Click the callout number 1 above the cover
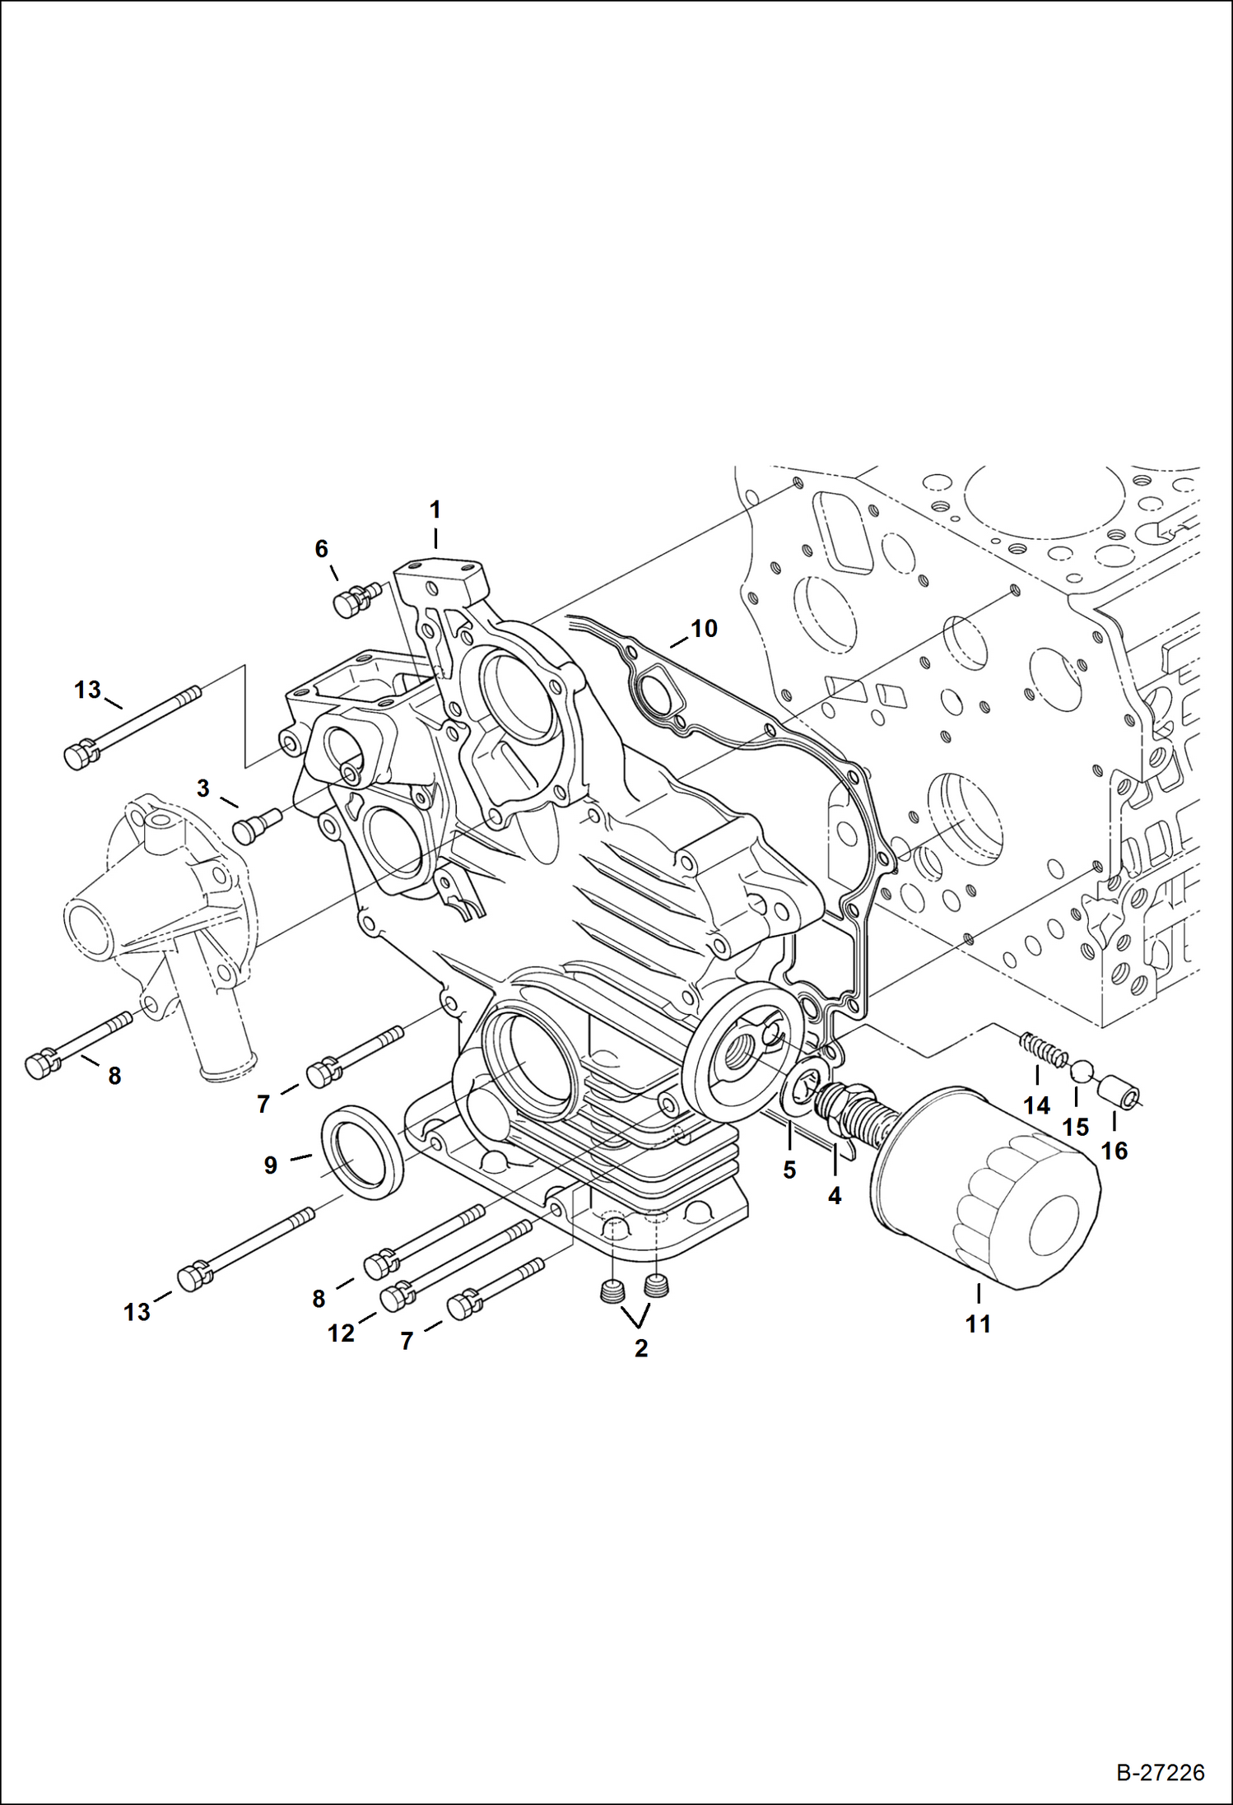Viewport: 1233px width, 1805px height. pyautogui.click(x=435, y=509)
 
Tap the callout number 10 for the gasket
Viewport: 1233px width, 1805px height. pyautogui.click(x=704, y=629)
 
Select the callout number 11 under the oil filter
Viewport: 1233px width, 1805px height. pyautogui.click(x=978, y=1324)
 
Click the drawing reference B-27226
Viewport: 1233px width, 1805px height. pyautogui.click(x=1160, y=1772)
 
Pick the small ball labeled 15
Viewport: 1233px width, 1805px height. pyautogui.click(x=1081, y=1071)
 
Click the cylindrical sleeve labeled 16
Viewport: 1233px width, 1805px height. pyautogui.click(x=1120, y=1091)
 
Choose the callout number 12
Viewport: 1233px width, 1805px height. pyautogui.click(x=341, y=1333)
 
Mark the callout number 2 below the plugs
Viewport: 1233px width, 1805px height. pyautogui.click(x=641, y=1348)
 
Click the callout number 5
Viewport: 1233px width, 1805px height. pyautogui.click(x=789, y=1170)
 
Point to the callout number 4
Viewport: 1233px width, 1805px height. pyautogui.click(x=835, y=1196)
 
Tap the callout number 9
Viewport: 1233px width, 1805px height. pyautogui.click(x=270, y=1165)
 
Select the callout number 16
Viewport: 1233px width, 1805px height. pyautogui.click(x=1114, y=1151)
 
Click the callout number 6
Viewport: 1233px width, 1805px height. pyautogui.click(x=322, y=548)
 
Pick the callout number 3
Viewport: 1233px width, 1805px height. pyautogui.click(x=203, y=789)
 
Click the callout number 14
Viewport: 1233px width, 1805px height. pyautogui.click(x=1036, y=1105)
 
